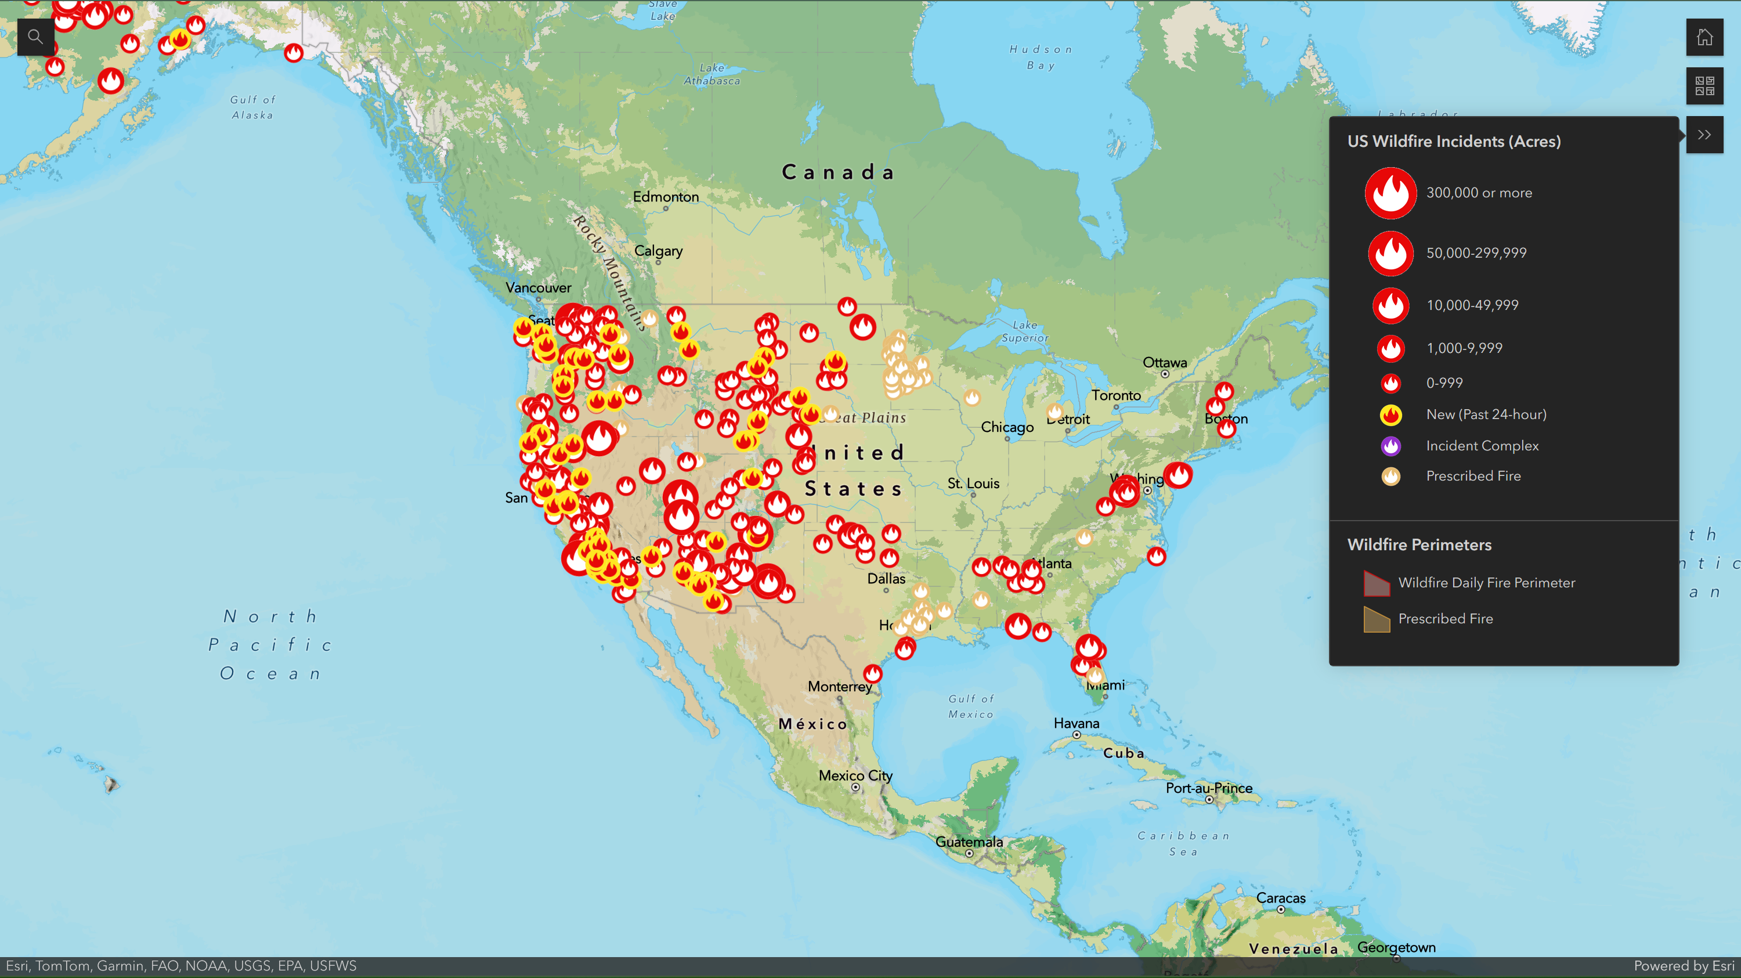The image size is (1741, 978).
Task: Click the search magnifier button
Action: (35, 37)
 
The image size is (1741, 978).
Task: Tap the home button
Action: (1704, 37)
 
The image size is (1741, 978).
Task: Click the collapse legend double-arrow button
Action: (1704, 135)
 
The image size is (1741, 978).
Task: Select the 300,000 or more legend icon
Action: (1390, 193)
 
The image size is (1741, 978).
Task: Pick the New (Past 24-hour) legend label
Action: (1486, 414)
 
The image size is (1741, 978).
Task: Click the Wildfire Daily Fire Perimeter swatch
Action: (1376, 583)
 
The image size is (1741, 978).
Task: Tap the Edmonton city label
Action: (666, 197)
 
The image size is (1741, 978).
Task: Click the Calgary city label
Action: (658, 251)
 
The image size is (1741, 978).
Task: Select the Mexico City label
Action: (855, 775)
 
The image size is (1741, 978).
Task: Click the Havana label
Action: (1076, 723)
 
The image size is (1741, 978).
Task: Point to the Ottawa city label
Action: (1165, 362)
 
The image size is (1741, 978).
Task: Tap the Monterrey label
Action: (839, 686)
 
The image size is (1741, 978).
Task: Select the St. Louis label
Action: (973, 483)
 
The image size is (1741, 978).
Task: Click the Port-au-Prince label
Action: (1208, 788)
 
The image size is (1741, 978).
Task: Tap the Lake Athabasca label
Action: (711, 74)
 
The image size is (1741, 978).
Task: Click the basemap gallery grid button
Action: (1704, 86)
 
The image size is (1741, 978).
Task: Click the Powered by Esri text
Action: (1684, 966)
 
